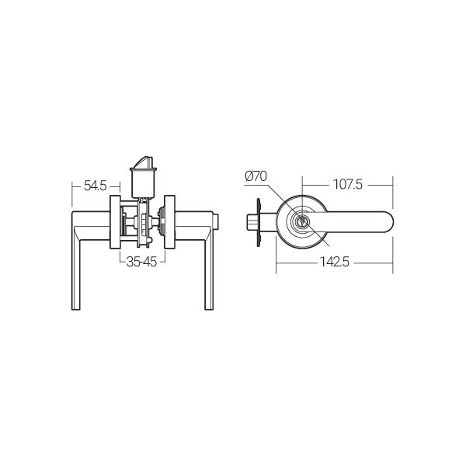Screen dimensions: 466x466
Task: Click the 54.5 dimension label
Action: pos(95,186)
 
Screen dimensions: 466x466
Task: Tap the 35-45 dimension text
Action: pos(141,262)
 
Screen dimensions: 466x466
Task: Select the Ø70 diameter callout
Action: pos(256,177)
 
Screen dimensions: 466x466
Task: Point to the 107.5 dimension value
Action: pos(347,186)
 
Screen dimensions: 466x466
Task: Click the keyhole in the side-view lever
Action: pos(302,223)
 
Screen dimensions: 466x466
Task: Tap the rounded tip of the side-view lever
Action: pos(388,223)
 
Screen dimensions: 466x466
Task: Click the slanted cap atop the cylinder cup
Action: pos(142,161)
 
